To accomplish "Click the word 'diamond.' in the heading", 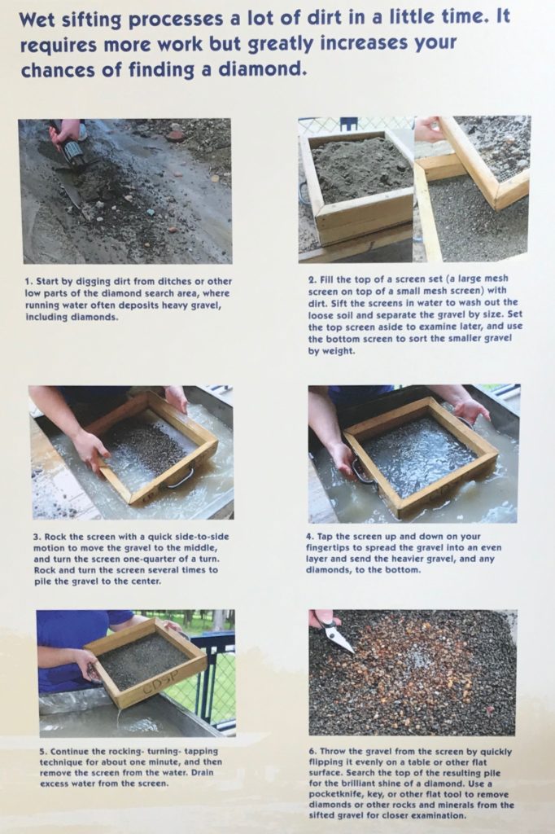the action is pos(256,70).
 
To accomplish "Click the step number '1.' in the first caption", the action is pos(28,281).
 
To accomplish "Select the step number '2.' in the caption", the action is pos(312,279).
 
